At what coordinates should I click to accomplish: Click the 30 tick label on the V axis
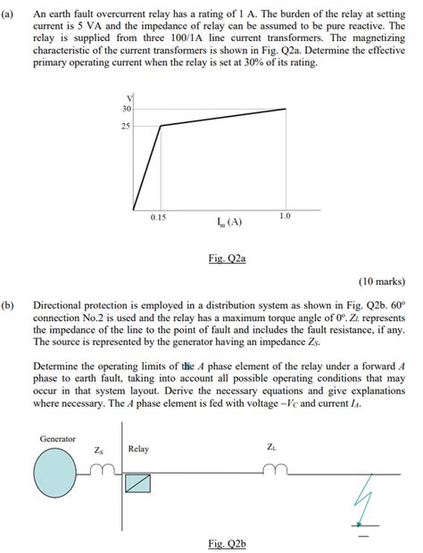pyautogui.click(x=127, y=109)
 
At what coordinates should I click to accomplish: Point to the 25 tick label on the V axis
pyautogui.click(x=127, y=126)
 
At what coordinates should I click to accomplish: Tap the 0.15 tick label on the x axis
pyautogui.click(x=158, y=217)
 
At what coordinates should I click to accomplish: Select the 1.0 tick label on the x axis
pyautogui.click(x=284, y=217)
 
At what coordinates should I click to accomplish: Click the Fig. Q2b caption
pyautogui.click(x=226, y=541)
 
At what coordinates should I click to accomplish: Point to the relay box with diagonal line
pyautogui.click(x=137, y=483)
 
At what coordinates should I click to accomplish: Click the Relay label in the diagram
pyautogui.click(x=138, y=449)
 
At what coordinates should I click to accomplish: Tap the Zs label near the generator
pyautogui.click(x=99, y=450)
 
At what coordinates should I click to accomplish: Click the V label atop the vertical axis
pyautogui.click(x=131, y=96)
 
